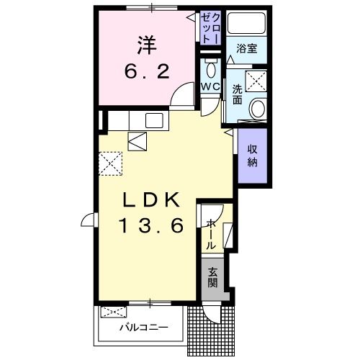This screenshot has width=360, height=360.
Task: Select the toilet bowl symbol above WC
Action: [x=210, y=69]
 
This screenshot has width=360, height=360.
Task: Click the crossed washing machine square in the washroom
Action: [x=257, y=80]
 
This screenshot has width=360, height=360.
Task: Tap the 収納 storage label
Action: [x=253, y=156]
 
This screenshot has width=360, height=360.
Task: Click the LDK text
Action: [x=151, y=199]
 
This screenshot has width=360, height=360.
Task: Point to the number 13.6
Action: [x=151, y=225]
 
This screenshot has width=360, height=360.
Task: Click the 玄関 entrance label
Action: [x=213, y=278]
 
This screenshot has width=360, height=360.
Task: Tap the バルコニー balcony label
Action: [x=144, y=328]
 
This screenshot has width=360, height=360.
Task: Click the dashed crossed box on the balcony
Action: [x=113, y=312]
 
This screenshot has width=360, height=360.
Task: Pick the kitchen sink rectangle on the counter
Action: [x=155, y=120]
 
